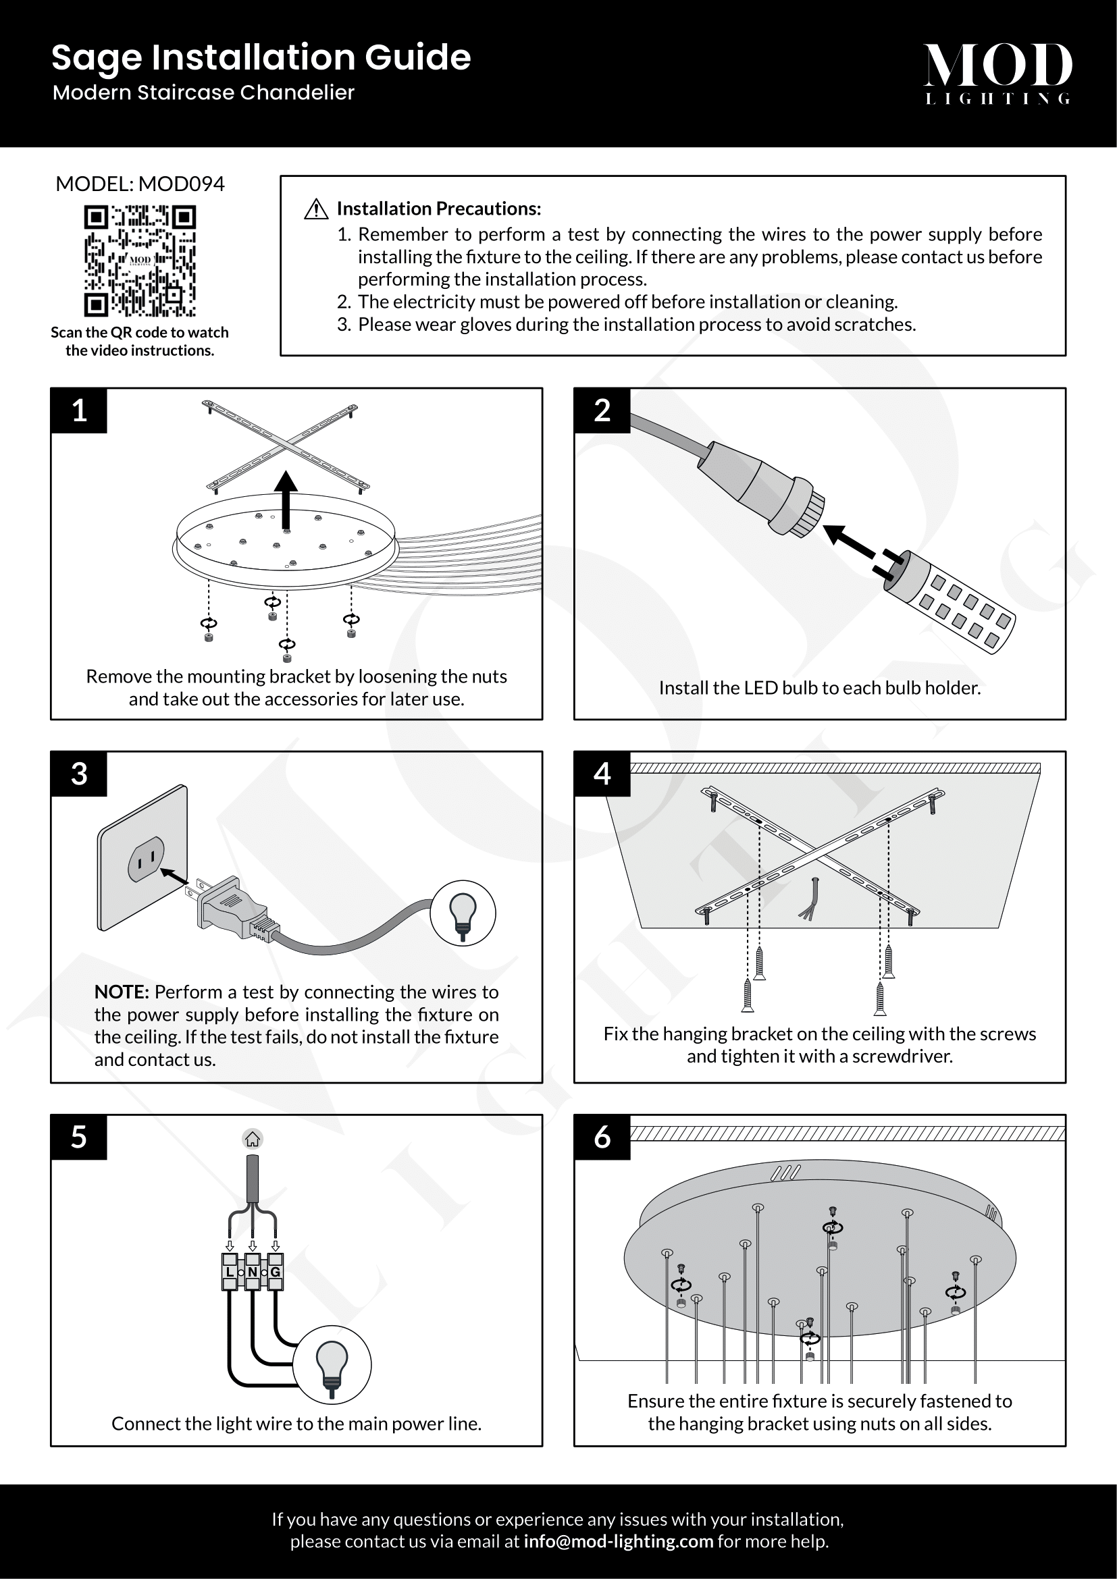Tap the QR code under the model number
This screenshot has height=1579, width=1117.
tap(140, 261)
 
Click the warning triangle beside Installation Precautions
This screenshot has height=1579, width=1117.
tap(315, 209)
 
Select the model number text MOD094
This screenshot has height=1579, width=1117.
tap(182, 184)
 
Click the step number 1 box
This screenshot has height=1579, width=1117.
tap(79, 410)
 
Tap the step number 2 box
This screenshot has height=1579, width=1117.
tap(602, 410)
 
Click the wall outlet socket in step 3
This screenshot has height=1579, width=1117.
tap(146, 859)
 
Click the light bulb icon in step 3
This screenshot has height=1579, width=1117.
tap(463, 913)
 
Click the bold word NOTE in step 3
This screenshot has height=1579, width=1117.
tap(122, 992)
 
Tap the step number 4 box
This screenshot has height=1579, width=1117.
tap(602, 774)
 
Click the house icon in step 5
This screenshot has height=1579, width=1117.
tap(253, 1139)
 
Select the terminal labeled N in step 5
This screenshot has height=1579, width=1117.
tap(253, 1272)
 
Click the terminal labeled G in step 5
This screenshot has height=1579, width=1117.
tap(275, 1272)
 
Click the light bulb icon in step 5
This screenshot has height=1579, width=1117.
tap(332, 1365)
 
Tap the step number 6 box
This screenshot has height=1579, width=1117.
tap(602, 1137)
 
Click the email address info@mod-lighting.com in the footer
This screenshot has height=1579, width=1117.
tap(619, 1541)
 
